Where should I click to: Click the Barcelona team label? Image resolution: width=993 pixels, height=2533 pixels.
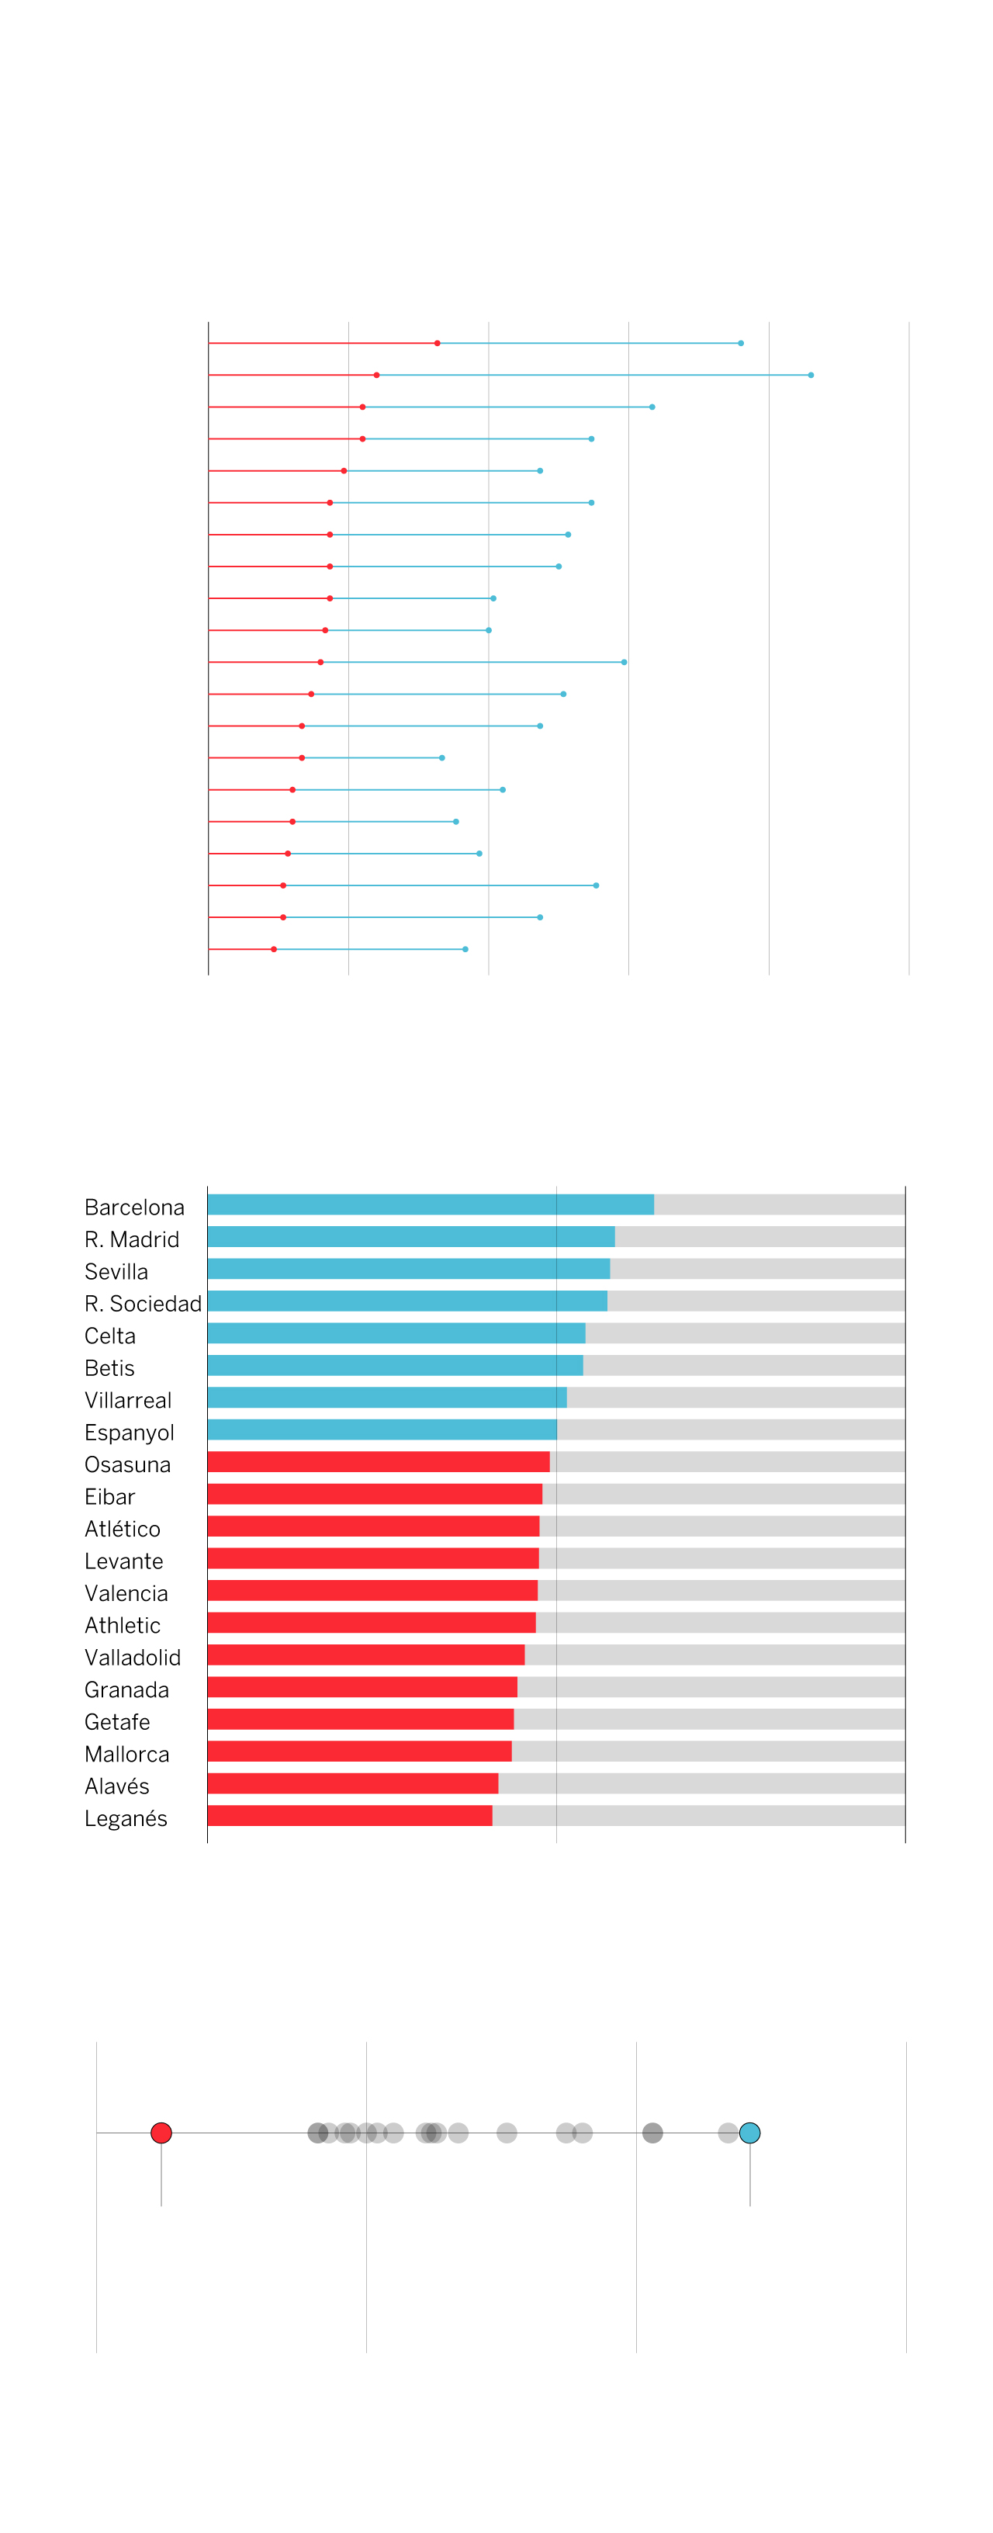click(x=133, y=1207)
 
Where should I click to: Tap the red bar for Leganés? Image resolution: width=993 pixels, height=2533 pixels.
click(x=349, y=1815)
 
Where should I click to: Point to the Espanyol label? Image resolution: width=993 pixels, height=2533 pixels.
click(x=129, y=1432)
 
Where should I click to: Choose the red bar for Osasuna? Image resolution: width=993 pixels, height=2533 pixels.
click(x=379, y=1461)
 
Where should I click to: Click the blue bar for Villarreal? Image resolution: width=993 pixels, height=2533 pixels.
click(x=386, y=1398)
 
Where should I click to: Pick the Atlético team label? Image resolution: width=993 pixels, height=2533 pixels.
click(x=122, y=1528)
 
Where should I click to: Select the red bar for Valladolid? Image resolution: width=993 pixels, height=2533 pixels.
click(x=365, y=1654)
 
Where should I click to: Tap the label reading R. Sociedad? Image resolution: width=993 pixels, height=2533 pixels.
click(x=143, y=1303)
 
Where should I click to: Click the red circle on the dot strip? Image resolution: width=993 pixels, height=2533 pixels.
click(x=161, y=2132)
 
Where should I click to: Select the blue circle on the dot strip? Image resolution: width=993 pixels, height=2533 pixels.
click(x=749, y=2132)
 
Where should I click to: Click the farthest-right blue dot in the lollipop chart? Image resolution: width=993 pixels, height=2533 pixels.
click(x=810, y=375)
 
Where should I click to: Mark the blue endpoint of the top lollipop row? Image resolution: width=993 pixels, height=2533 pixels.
click(x=740, y=343)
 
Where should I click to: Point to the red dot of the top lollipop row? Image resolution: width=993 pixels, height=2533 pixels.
click(x=438, y=343)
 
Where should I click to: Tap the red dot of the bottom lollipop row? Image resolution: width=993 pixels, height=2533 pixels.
click(x=273, y=949)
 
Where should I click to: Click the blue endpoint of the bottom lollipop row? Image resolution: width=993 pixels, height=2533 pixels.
click(x=465, y=949)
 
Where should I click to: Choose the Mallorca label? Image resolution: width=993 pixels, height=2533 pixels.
click(x=126, y=1753)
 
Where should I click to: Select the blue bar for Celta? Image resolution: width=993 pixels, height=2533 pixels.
click(x=396, y=1332)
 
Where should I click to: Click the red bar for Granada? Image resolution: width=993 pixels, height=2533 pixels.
click(x=362, y=1686)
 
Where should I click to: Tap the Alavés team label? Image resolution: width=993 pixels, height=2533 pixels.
click(x=117, y=1786)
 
